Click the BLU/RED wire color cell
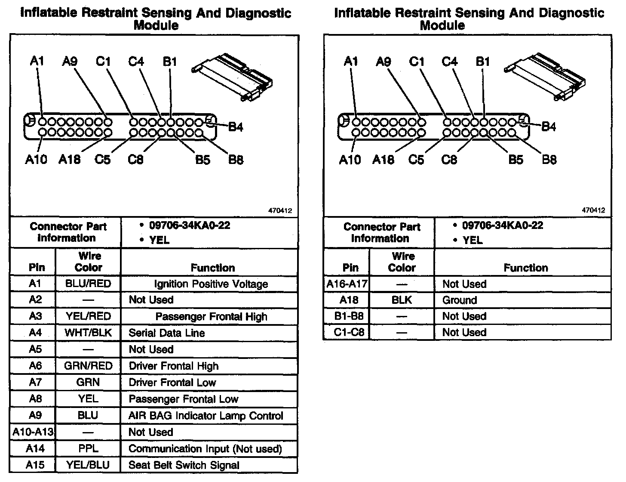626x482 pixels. (88, 284)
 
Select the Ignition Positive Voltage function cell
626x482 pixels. (211, 284)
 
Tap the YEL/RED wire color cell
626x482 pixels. (88, 317)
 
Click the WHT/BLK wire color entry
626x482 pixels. (88, 333)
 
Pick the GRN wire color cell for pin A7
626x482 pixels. (88, 383)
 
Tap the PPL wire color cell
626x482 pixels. (88, 449)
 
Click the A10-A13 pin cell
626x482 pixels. (33, 432)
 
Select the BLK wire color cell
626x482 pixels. (402, 300)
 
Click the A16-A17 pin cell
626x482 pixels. (347, 284)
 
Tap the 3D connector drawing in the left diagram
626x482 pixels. (233, 76)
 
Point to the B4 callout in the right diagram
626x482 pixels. (549, 127)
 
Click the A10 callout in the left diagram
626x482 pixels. (36, 160)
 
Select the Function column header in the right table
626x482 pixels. (525, 268)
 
